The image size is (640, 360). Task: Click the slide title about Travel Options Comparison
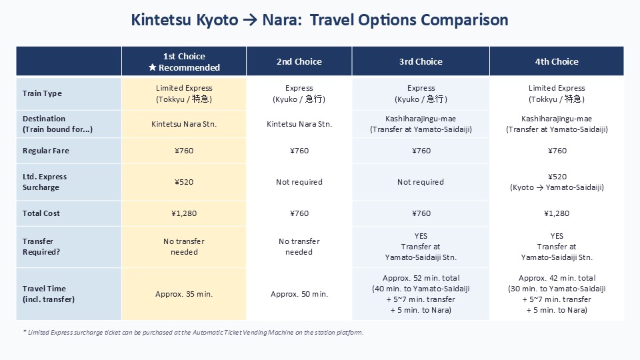tap(320, 20)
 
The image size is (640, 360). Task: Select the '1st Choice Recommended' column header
tap(184, 61)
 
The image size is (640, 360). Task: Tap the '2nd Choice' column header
tap(299, 61)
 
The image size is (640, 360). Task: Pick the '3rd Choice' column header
tap(421, 61)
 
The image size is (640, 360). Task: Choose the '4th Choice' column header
tap(557, 61)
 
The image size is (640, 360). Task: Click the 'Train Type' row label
tap(42, 93)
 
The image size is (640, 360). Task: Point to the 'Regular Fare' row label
tap(46, 151)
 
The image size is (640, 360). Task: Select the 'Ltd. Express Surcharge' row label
tap(45, 182)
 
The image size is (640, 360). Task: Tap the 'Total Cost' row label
tap(41, 213)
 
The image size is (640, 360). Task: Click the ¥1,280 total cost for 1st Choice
tap(184, 213)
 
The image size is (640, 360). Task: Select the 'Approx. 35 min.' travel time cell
tap(184, 294)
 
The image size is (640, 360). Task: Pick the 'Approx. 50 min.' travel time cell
tap(299, 294)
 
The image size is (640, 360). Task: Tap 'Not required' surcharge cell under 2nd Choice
tap(299, 182)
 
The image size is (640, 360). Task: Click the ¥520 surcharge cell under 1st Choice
tap(184, 182)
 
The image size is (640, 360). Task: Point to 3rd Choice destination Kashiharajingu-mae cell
tap(421, 125)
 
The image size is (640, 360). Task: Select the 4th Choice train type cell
tap(557, 93)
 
